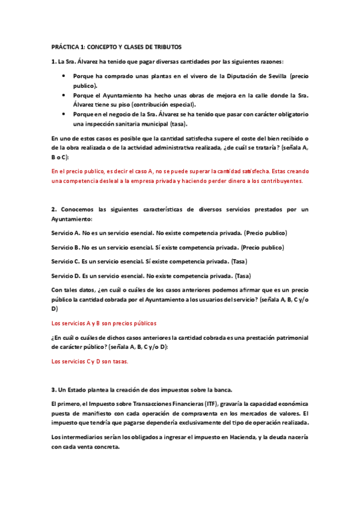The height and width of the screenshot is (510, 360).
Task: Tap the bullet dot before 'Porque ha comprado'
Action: click(x=64, y=76)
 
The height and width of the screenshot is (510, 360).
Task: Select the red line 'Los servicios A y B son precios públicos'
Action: click(x=104, y=323)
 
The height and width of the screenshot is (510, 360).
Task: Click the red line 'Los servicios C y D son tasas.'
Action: click(x=90, y=361)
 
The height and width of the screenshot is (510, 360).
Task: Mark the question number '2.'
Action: click(x=53, y=209)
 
